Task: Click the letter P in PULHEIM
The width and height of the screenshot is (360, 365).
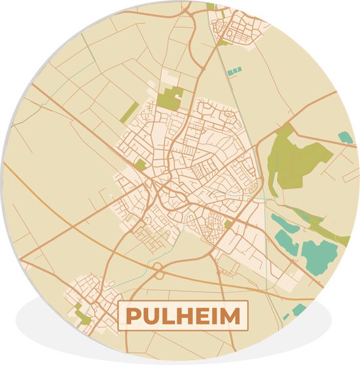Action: tap(132, 316)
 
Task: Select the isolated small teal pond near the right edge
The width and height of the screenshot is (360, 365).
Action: tap(345, 137)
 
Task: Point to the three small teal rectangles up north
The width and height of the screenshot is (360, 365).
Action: tap(234, 69)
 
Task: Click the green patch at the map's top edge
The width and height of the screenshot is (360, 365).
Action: tap(210, 6)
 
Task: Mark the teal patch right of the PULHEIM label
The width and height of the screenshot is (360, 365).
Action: tap(299, 309)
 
